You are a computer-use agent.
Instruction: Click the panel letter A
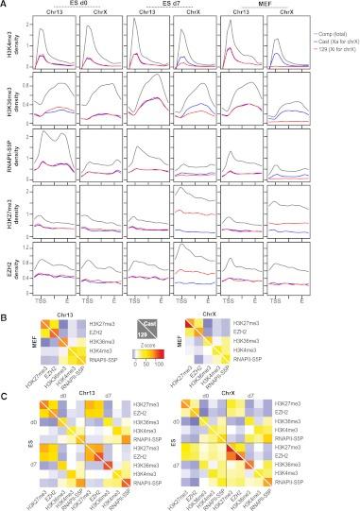(x=6, y=5)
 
